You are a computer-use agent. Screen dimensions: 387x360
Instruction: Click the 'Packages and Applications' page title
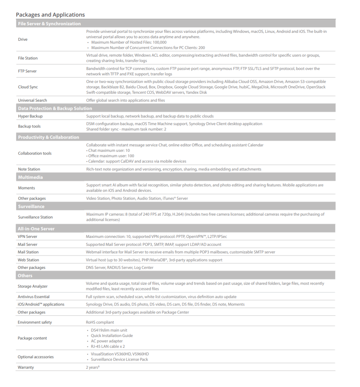(x=50, y=15)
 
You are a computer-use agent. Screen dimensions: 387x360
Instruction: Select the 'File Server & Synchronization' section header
(x=49, y=24)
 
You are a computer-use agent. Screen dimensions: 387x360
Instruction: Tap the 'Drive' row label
(x=23, y=39)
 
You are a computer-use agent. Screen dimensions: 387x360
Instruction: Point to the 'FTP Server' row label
(x=27, y=71)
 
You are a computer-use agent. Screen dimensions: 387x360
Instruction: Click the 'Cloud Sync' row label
(x=28, y=87)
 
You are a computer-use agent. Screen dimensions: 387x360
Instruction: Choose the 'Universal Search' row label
(x=32, y=100)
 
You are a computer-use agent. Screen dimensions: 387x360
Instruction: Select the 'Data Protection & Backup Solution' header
(x=55, y=108)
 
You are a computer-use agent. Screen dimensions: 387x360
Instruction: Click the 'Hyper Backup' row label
(x=30, y=116)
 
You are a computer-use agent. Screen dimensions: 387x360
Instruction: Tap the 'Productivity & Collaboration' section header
(x=49, y=137)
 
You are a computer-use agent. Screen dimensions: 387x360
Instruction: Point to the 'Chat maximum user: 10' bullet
(x=108, y=151)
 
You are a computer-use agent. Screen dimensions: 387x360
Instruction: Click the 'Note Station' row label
(x=29, y=169)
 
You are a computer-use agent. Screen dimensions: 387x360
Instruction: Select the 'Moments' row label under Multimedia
(x=27, y=188)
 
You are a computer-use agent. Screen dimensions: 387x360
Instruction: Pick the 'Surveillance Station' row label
(x=35, y=217)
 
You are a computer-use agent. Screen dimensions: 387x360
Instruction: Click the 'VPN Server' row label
(x=27, y=236)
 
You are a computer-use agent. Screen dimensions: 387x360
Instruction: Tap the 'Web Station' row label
(x=28, y=260)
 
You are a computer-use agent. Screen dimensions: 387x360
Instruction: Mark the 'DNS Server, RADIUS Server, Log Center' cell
(x=120, y=267)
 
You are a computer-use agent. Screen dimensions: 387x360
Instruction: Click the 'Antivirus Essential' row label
(x=34, y=297)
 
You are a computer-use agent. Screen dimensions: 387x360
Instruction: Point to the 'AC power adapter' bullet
(x=107, y=341)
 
